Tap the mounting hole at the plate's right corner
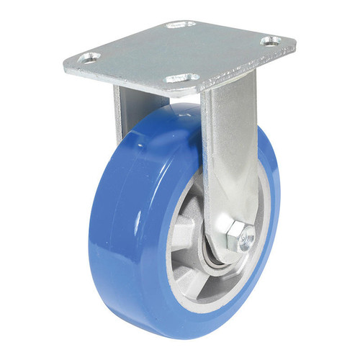271,42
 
